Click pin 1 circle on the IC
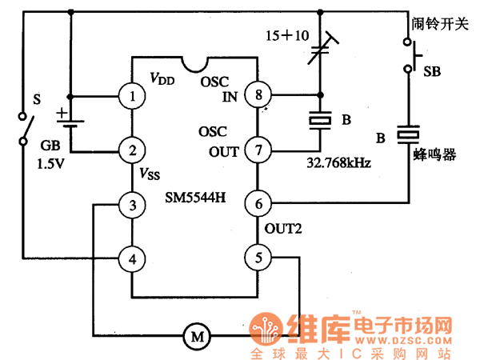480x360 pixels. click(131, 97)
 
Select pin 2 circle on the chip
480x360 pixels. click(131, 150)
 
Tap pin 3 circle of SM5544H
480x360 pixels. click(131, 205)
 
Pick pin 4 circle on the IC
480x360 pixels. click(131, 258)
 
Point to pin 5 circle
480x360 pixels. click(257, 258)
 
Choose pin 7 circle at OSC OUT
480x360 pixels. click(257, 150)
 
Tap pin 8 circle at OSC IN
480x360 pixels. click(257, 97)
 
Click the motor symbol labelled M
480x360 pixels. click(195, 336)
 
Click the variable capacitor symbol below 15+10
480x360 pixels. click(319, 52)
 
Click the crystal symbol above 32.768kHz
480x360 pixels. click(319, 120)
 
